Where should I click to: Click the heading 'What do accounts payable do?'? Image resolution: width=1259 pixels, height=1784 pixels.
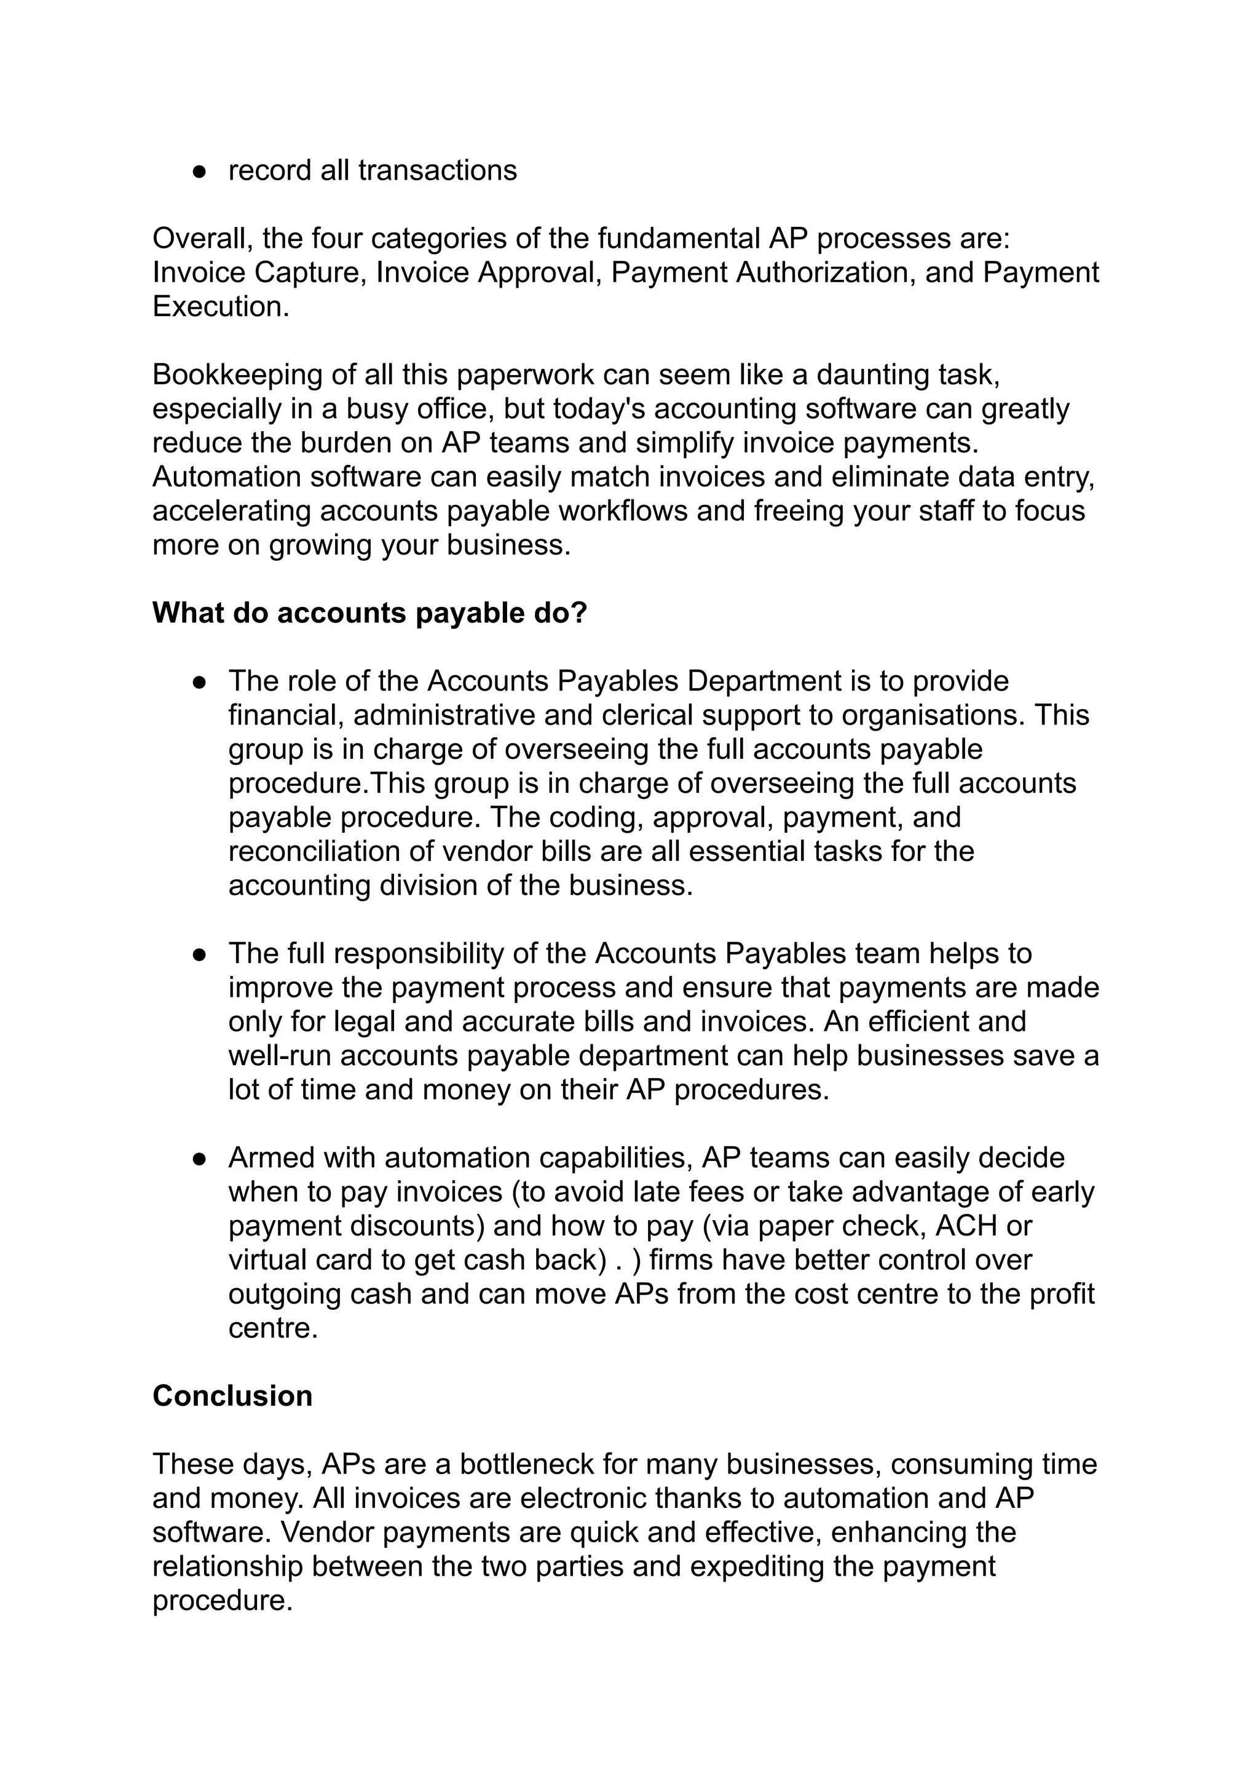369,613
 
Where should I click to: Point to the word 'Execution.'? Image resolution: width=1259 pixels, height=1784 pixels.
221,306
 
